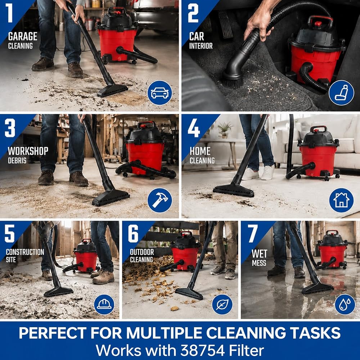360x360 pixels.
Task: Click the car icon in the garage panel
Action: pyautogui.click(x=159, y=93)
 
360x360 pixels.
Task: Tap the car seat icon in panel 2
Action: pyautogui.click(x=341, y=93)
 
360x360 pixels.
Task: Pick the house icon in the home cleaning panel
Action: pyautogui.click(x=341, y=201)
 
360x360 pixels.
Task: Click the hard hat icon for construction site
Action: pyautogui.click(x=104, y=305)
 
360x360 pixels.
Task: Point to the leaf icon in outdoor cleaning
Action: pyautogui.click(x=222, y=305)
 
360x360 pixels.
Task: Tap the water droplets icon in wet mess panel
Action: pyautogui.click(x=345, y=305)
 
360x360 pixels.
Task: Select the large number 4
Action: pyautogui.click(x=194, y=128)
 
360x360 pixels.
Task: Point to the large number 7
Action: pyautogui.click(x=253, y=233)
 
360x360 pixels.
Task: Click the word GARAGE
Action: pyautogui.click(x=22, y=36)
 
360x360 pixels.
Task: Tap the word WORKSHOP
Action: pyautogui.click(x=28, y=151)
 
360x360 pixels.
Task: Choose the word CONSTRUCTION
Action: pyautogui.click(x=25, y=252)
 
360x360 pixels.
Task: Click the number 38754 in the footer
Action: pyautogui.click(x=202, y=350)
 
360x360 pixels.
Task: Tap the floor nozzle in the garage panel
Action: pyautogui.click(x=112, y=90)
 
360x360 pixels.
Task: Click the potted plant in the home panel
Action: pyautogui.click(x=224, y=130)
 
